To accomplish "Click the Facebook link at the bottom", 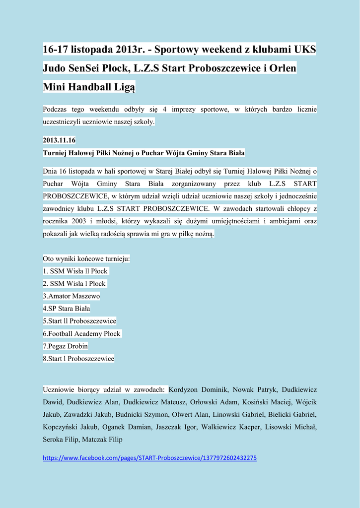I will [149, 458].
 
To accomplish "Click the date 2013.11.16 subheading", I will [59, 140].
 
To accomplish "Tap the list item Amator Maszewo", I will [72, 296].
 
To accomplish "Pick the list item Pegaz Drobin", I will [66, 346].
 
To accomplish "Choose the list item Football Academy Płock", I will [82, 333].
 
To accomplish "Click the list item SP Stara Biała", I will [67, 309].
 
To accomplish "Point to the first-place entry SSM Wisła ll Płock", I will [75, 271].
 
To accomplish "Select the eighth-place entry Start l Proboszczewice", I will [78, 358].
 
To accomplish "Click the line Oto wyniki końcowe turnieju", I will [86, 259].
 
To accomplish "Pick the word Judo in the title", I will [54, 68].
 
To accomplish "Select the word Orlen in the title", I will [283, 68].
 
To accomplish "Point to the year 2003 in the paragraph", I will [77, 221].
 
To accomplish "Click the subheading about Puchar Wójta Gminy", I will [144, 153].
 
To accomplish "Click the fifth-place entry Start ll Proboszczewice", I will [79, 321].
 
